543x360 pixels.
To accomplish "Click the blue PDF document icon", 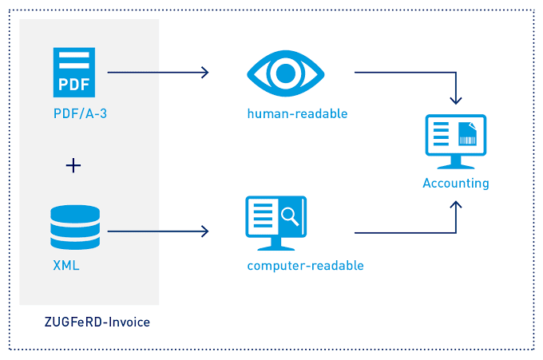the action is tap(74, 73).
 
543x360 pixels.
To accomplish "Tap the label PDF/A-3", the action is tap(80, 113).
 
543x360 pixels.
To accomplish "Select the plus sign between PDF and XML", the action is tap(73, 165).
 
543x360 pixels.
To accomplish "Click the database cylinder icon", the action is tap(75, 227).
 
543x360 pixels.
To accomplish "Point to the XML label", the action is tap(66, 266).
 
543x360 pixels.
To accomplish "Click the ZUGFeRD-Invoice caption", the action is tap(97, 322).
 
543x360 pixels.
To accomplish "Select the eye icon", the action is tap(286, 73).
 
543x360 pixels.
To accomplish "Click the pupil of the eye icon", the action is tap(286, 73).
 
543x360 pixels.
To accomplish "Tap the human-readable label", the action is tap(298, 113).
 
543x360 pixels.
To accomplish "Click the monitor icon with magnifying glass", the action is tap(276, 224).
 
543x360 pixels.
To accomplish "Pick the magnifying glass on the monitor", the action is tap(290, 216).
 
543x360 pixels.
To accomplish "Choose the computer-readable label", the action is tap(305, 266).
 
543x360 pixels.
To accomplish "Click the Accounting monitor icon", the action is tap(456, 141).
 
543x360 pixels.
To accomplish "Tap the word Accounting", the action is tap(456, 183).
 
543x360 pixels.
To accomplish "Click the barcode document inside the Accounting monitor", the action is tap(467, 133).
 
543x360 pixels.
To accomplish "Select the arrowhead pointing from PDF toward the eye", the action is tap(205, 73).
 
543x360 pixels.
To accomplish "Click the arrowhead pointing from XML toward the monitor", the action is tap(205, 231).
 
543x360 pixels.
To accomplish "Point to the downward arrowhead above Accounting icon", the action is tap(456, 101).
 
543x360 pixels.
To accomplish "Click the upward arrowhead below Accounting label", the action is tap(456, 205).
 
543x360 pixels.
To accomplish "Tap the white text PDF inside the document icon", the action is tap(74, 84).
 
